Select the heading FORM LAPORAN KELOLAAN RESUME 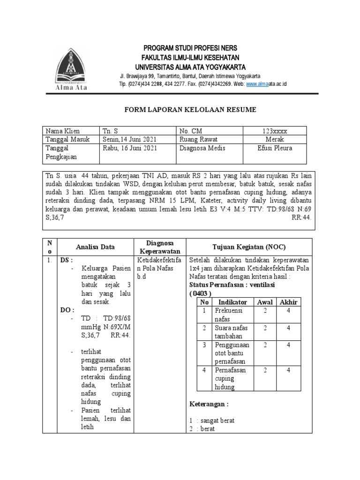tap(190, 110)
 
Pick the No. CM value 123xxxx tap(275, 131)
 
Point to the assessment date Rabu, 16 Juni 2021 tap(130, 148)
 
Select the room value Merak tap(275, 140)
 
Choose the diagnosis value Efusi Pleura tap(275, 148)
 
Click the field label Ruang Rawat tap(199, 140)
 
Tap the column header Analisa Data tap(95, 247)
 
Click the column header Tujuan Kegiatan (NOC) tap(249, 247)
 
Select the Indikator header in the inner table tap(229, 302)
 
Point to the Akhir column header tap(289, 302)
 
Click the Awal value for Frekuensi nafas tap(265, 311)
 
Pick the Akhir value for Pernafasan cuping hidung tap(289, 370)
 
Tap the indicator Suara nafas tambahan tap(231, 332)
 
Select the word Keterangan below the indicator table tap(208, 404)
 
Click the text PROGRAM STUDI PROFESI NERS tap(190, 48)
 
